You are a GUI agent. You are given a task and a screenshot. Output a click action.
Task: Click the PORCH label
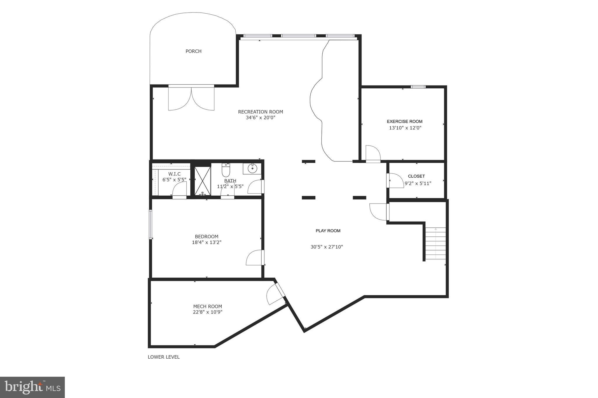pyautogui.click(x=193, y=51)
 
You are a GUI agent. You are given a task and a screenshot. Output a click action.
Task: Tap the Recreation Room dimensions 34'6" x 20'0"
pyautogui.click(x=260, y=118)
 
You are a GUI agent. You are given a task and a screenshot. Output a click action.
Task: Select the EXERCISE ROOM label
pyautogui.click(x=404, y=122)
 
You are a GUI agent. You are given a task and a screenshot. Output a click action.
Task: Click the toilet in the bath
pyautogui.click(x=226, y=170)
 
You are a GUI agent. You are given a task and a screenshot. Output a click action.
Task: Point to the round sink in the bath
pyautogui.click(x=252, y=169)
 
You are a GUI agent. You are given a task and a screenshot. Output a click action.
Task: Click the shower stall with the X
pyautogui.click(x=202, y=181)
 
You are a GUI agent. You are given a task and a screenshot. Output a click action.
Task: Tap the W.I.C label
pyautogui.click(x=174, y=174)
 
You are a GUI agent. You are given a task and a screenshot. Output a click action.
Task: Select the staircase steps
pyautogui.click(x=435, y=243)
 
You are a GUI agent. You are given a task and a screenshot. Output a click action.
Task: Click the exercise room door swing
pyautogui.click(x=373, y=153)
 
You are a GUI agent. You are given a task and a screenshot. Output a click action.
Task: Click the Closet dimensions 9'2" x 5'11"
pyautogui.click(x=418, y=183)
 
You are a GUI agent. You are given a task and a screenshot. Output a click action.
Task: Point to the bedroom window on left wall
pyautogui.click(x=151, y=225)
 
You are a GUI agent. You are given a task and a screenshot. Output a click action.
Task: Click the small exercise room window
pyautogui.click(x=418, y=87)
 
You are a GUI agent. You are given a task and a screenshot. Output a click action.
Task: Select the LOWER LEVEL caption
pyautogui.click(x=164, y=357)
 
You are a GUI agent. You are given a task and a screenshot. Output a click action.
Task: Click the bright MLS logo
pyautogui.click(x=32, y=387)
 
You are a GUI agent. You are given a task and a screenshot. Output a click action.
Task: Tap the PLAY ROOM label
pyautogui.click(x=328, y=231)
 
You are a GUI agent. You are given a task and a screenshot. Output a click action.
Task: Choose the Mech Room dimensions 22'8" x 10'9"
pyautogui.click(x=208, y=312)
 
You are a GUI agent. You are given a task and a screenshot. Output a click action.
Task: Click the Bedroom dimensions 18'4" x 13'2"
pyautogui.click(x=206, y=242)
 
